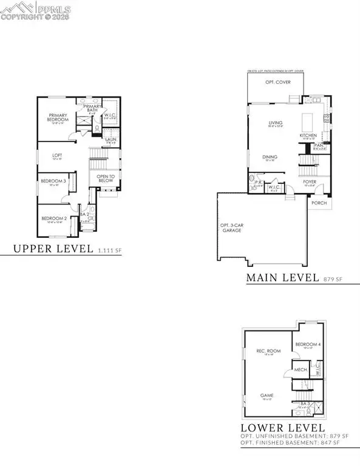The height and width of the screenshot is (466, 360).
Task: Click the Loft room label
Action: coord(57,156)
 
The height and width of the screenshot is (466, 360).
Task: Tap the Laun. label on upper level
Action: coord(110,140)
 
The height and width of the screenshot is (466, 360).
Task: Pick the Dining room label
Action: coord(270,158)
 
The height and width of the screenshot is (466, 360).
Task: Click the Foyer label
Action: coord(310,180)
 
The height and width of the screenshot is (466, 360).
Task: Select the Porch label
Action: coord(318,203)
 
